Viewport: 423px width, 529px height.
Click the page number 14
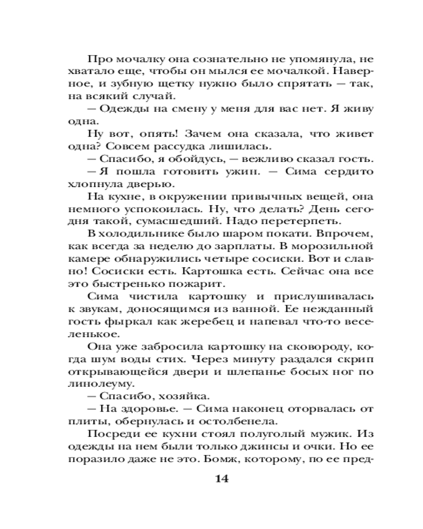click(222, 479)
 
